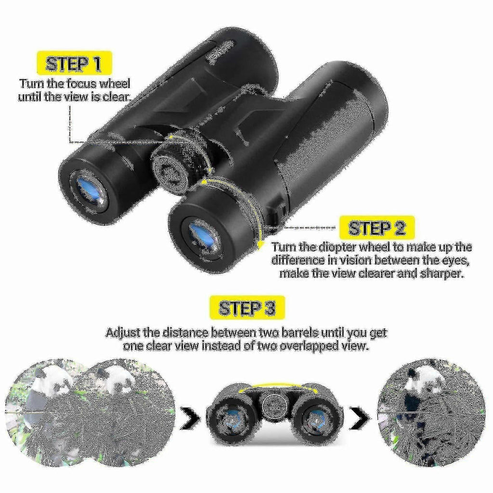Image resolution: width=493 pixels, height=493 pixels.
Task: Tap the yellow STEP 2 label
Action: coord(377,228)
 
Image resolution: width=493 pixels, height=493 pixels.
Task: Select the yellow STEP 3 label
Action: coord(247,308)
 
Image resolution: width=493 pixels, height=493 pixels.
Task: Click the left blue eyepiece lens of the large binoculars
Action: coord(89,191)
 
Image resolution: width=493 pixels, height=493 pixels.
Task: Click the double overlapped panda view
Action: coord(90,412)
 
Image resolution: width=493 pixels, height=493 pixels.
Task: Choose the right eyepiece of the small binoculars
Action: coord(316,421)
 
